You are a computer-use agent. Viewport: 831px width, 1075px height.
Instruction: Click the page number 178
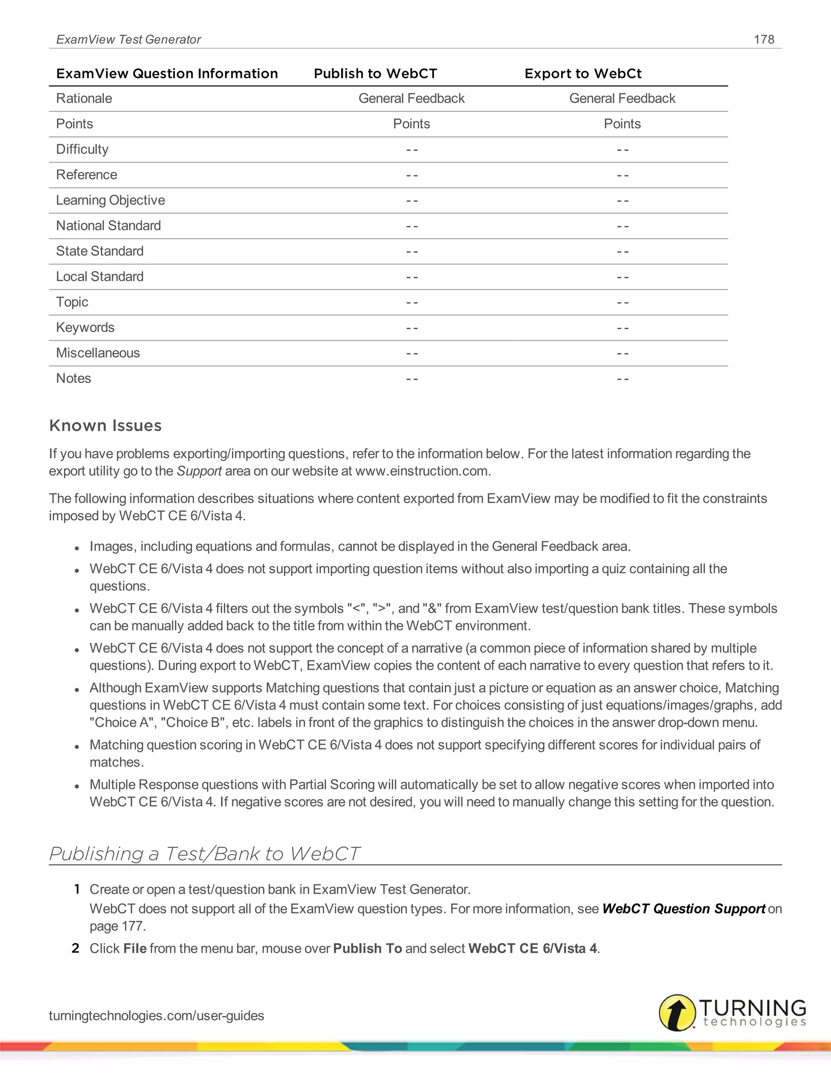(x=764, y=39)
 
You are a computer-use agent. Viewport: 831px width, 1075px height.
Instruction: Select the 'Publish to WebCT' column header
(x=375, y=74)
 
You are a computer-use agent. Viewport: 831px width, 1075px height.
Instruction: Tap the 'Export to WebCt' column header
(x=583, y=74)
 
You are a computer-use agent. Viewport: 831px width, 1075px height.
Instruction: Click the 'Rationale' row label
(x=84, y=99)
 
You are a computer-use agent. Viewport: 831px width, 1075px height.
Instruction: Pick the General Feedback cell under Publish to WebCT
(x=411, y=99)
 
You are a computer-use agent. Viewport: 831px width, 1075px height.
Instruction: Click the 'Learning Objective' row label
(x=110, y=200)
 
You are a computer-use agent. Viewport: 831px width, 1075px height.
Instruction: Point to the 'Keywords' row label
(x=85, y=327)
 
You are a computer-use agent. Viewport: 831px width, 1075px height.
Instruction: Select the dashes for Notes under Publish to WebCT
(x=411, y=379)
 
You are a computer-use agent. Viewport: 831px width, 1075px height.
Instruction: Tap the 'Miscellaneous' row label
(x=98, y=353)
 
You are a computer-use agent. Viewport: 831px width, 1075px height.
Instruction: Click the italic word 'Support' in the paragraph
(x=199, y=471)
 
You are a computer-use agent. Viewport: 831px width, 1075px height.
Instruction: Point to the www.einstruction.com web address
(x=422, y=471)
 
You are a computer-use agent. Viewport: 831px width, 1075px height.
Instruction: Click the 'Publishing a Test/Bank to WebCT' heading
(x=205, y=854)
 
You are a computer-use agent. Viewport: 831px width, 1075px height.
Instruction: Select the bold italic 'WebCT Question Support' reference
(x=683, y=909)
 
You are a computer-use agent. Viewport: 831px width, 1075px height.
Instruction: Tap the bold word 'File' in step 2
(x=135, y=948)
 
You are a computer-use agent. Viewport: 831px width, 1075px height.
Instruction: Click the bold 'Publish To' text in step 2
(x=367, y=948)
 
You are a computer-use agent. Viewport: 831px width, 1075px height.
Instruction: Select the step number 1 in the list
(x=77, y=889)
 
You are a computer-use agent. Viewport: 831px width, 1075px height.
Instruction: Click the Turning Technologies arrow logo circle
(x=677, y=1013)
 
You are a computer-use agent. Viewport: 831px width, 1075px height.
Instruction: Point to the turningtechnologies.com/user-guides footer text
(x=156, y=1015)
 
